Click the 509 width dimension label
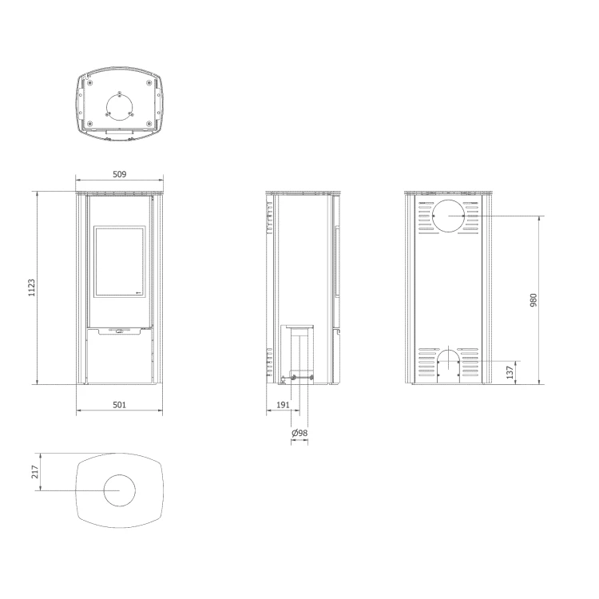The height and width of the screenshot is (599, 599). point(119,174)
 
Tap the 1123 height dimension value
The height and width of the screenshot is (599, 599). point(31,288)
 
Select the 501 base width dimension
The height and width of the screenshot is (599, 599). point(119,405)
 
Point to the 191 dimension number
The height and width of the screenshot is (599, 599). point(283,405)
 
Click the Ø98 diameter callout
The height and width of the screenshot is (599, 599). point(299,433)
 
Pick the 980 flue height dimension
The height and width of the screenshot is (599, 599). point(534,299)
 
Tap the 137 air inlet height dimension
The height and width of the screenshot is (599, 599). point(510,372)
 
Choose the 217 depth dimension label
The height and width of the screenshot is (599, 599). point(35,472)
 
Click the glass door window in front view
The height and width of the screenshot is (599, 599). point(120,261)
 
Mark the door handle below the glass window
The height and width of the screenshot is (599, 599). point(120,331)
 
